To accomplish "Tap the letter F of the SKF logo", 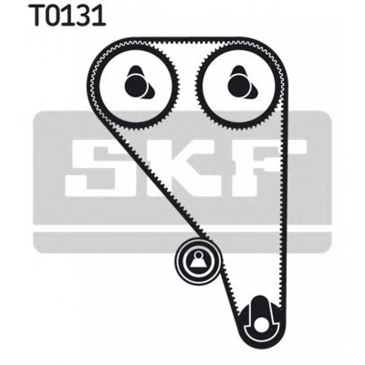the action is coord(268,168).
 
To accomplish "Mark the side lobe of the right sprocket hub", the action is coord(254,92).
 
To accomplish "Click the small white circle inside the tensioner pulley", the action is coord(198,254).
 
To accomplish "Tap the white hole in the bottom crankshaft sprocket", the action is coord(260,325).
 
